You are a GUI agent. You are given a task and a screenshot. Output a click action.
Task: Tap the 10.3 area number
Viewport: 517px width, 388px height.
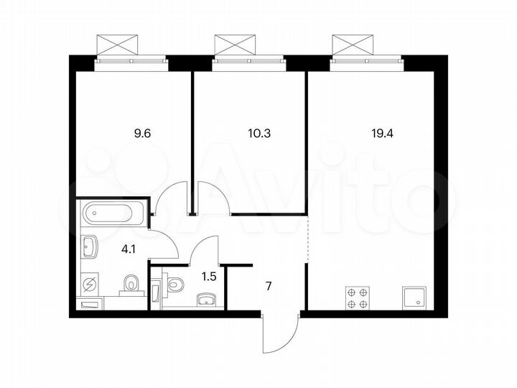click(249, 133)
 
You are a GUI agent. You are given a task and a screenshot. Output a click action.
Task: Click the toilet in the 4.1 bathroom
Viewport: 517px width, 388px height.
click(131, 285)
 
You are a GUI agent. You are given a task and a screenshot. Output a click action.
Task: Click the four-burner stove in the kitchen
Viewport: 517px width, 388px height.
click(358, 297)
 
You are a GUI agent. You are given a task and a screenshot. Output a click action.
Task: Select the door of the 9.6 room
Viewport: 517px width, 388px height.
click(173, 197)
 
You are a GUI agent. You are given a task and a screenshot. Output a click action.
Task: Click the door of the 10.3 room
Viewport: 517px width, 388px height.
click(213, 197)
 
